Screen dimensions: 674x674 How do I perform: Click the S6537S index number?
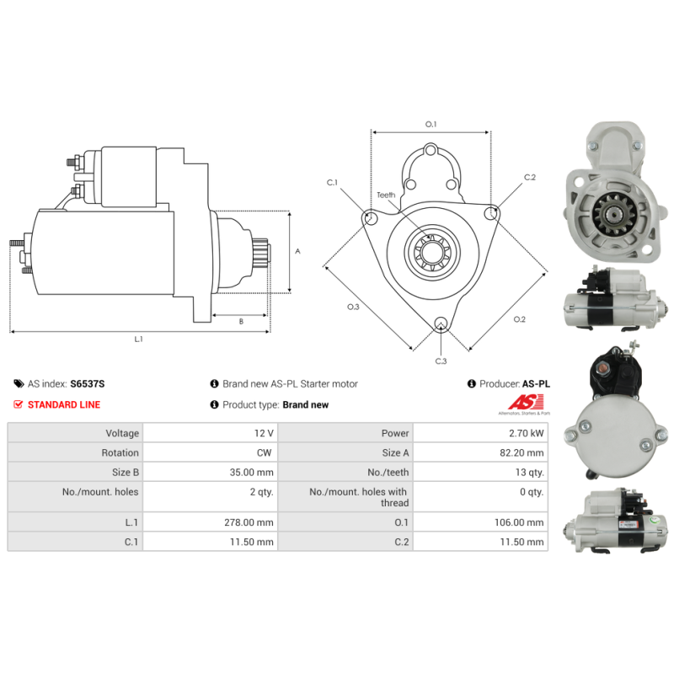[88, 384]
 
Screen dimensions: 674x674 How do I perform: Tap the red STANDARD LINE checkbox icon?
[18, 404]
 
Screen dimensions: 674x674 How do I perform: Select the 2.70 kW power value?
[526, 433]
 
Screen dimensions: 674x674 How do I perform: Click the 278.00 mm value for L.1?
[249, 522]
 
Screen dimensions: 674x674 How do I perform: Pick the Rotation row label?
[120, 452]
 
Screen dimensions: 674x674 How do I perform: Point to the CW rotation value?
[264, 452]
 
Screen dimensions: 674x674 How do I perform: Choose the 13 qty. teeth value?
[530, 473]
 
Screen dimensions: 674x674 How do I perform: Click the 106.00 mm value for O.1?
[519, 522]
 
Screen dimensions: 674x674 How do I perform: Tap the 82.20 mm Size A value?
[522, 452]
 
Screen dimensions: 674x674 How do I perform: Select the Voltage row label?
[122, 433]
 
